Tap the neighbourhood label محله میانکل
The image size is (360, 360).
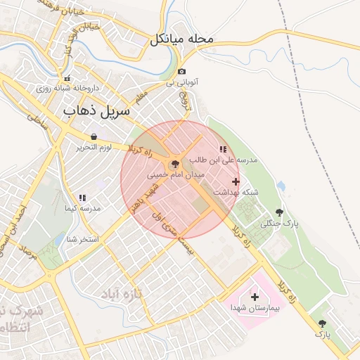click(181, 39)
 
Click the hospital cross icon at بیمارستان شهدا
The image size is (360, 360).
click(255, 297)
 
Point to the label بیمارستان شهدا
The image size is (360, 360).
click(255, 308)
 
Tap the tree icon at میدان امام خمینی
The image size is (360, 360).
click(175, 162)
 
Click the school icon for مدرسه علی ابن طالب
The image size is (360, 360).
click(223, 150)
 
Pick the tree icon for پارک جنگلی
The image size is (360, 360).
click(280, 212)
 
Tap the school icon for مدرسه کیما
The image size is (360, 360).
click(82, 198)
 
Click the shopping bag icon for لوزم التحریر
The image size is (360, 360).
click(94, 136)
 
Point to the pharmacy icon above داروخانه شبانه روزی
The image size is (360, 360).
click(67, 79)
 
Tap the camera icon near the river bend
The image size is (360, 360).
click(182, 71)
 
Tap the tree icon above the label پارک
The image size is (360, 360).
click(322, 323)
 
